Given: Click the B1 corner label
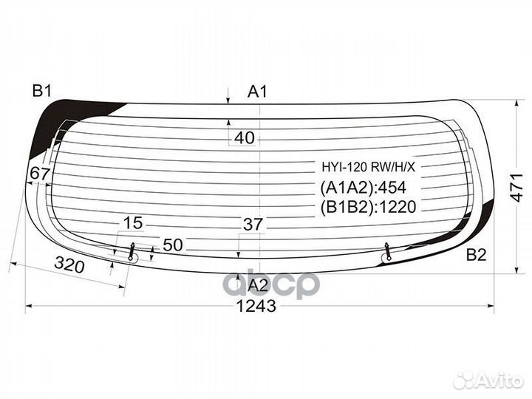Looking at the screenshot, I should pyautogui.click(x=41, y=92).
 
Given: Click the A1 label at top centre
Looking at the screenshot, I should pyautogui.click(x=257, y=92).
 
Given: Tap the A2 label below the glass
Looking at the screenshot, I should pyautogui.click(x=256, y=286).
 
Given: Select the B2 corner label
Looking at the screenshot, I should pyautogui.click(x=476, y=256).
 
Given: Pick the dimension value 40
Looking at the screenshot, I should pyautogui.click(x=245, y=137).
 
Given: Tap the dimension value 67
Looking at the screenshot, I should pyautogui.click(x=38, y=174).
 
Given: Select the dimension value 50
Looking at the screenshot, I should pyautogui.click(x=172, y=245).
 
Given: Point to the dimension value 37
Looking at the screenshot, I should pyautogui.click(x=253, y=225).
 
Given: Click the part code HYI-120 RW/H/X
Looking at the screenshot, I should pyautogui.click(x=367, y=166).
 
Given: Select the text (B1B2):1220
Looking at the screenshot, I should pyautogui.click(x=369, y=208).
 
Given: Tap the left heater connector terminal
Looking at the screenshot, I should pyautogui.click(x=132, y=253).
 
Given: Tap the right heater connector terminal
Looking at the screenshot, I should pyautogui.click(x=388, y=253).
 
